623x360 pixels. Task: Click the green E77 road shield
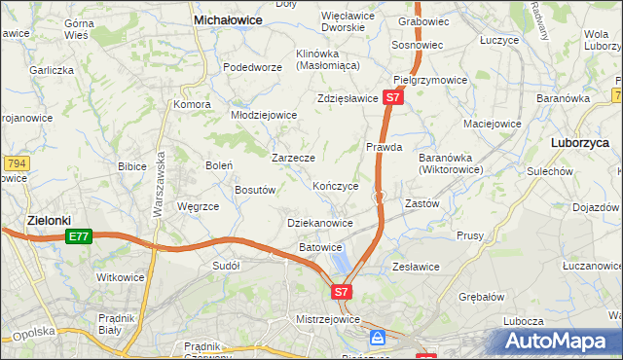79,237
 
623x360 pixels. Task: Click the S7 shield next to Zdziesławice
392,98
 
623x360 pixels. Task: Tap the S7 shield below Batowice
341,291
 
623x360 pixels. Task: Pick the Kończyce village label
336,185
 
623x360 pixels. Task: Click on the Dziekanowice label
320,223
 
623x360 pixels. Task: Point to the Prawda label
384,148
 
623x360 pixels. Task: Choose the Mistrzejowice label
327,319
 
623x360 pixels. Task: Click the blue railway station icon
377,338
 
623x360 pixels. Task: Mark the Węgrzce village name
198,206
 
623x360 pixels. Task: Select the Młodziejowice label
263,115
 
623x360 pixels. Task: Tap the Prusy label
470,235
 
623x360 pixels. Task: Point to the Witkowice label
121,277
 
